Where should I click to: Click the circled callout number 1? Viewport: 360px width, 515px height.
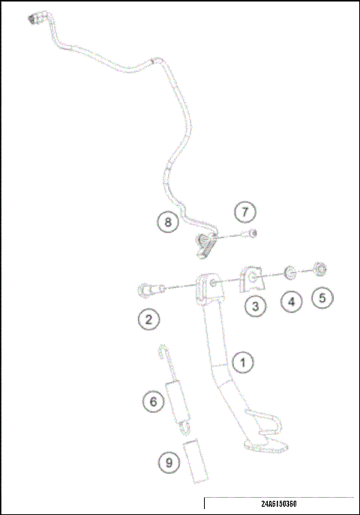click(x=242, y=362)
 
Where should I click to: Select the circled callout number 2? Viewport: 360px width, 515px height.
click(x=148, y=320)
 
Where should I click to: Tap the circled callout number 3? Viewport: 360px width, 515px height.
click(x=256, y=306)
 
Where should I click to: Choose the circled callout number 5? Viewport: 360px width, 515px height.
click(x=322, y=298)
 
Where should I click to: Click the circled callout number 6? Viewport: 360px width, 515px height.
click(x=154, y=402)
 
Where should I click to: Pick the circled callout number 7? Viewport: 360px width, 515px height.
click(x=244, y=212)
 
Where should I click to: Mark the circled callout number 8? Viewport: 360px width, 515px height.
click(x=168, y=221)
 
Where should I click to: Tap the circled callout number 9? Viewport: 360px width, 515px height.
click(x=169, y=463)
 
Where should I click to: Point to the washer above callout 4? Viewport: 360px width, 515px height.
click(x=289, y=272)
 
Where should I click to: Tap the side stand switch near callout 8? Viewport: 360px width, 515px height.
click(x=206, y=244)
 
